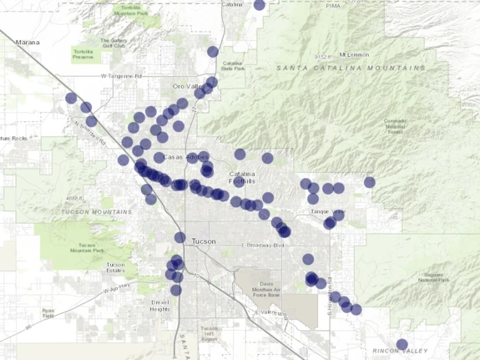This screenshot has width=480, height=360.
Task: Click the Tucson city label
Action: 204,241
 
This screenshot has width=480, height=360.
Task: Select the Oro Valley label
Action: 187,85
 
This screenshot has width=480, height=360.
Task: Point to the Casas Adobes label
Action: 183,157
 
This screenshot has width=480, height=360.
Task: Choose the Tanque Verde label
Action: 326,212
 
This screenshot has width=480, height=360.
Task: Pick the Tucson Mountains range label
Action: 91,212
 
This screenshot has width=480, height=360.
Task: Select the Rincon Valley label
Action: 418,351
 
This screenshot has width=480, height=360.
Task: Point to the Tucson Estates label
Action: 115,268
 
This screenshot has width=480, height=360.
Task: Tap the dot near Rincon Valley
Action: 402,344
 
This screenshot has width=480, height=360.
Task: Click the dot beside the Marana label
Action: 71,98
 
